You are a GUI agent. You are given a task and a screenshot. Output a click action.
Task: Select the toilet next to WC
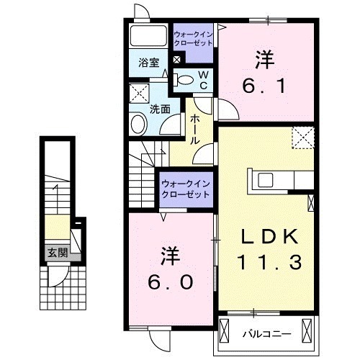(185, 80)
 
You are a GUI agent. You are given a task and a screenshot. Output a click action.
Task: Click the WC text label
(203, 80)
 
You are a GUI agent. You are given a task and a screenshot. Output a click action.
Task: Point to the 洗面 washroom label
(160, 109)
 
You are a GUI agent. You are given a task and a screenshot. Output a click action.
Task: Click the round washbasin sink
(138, 122)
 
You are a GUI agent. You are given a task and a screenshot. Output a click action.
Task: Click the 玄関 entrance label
(58, 252)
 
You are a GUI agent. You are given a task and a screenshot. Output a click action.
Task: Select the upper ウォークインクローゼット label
(192, 38)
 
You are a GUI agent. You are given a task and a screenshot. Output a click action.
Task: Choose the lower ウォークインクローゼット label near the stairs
(185, 189)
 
